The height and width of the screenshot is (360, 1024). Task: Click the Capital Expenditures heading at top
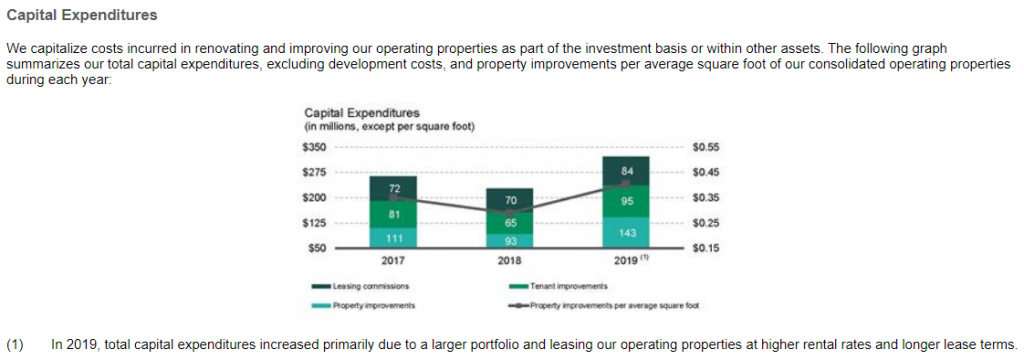(81, 17)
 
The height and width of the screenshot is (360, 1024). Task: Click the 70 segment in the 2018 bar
(510, 201)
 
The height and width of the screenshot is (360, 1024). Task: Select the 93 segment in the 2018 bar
(510, 240)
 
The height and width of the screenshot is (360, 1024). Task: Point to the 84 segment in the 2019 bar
(626, 171)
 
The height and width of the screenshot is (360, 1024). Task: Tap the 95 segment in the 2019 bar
(626, 200)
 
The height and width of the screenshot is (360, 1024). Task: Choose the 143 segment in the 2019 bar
(626, 231)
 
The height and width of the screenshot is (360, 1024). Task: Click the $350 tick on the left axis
(314, 148)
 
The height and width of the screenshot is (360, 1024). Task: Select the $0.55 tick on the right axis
(706, 148)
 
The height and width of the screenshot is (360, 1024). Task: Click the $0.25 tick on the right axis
(706, 222)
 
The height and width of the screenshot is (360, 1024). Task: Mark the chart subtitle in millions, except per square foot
(389, 126)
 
